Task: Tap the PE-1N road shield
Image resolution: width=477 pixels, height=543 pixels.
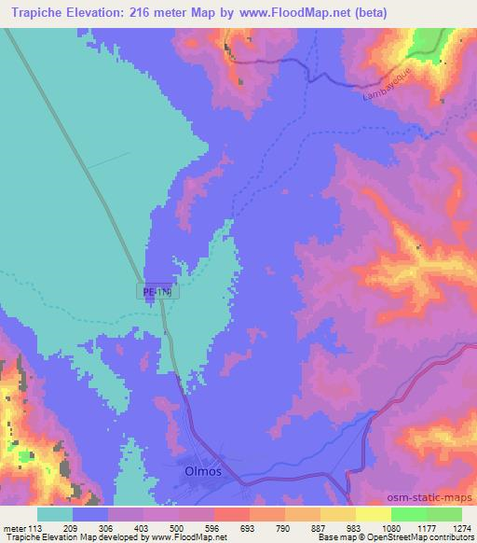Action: [159, 292]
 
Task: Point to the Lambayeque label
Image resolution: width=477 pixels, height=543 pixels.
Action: [383, 88]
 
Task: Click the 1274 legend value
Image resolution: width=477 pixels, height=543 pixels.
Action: [460, 527]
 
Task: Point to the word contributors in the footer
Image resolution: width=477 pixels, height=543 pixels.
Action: [451, 538]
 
